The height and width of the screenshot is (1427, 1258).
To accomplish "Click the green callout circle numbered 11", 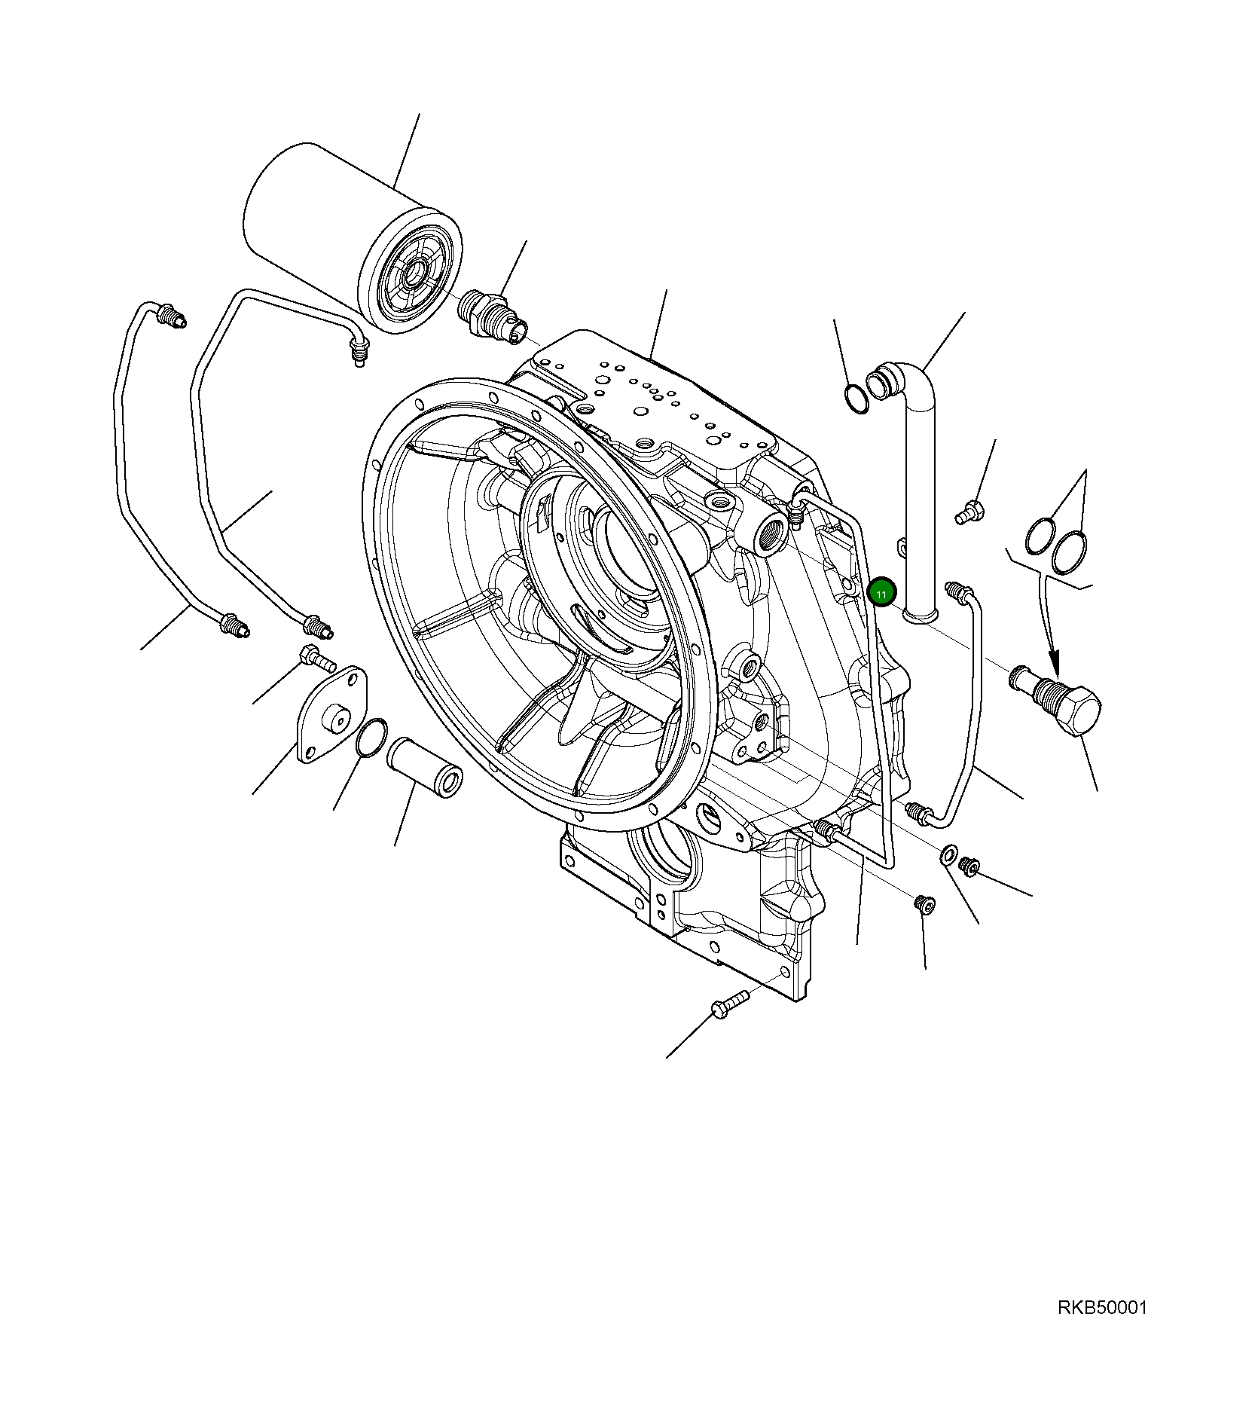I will tap(881, 593).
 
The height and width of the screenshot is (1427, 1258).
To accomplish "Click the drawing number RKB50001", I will tap(1101, 1307).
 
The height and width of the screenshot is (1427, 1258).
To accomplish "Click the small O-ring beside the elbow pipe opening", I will tap(856, 399).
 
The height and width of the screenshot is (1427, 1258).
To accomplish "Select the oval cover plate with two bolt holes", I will tap(332, 713).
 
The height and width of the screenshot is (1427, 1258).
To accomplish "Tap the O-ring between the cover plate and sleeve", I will tap(371, 737).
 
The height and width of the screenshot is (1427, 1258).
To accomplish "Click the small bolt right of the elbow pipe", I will tap(969, 513).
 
